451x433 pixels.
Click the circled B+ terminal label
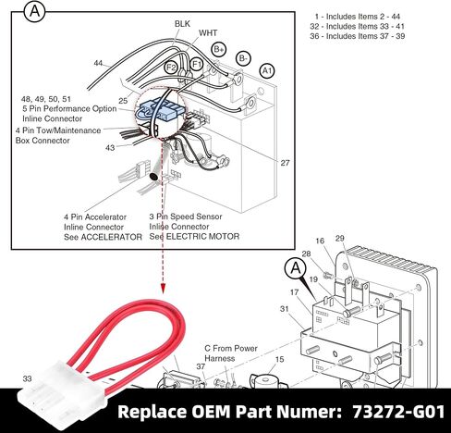coord(219,49)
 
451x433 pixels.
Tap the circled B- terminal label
coord(243,58)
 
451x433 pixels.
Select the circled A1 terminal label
coord(267,71)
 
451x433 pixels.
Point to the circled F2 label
coord(171,67)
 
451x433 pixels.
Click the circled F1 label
coord(196,65)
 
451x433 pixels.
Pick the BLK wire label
coord(182,24)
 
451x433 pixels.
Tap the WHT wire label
coord(208,32)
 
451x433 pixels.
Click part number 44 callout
coord(98,63)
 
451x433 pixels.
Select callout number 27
coord(285,163)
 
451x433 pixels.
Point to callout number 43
coord(110,148)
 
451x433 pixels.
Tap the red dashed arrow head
coord(163,289)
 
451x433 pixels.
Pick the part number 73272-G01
coord(398,412)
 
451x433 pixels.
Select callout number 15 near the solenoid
coord(279,359)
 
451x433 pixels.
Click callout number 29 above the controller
coord(339,238)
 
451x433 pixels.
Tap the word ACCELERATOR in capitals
coord(111,237)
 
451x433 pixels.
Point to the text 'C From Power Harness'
coord(231,353)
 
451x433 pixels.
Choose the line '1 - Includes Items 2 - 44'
coord(358,17)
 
